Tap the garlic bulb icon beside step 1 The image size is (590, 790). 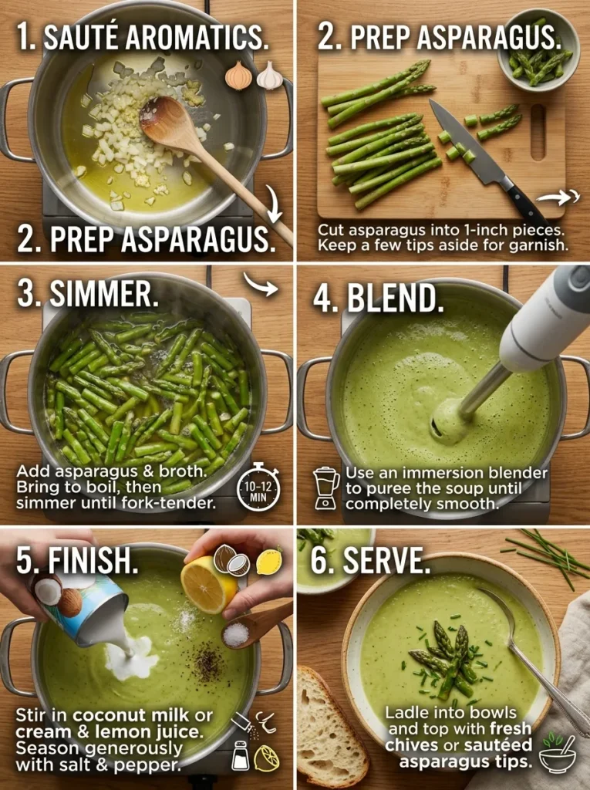270,76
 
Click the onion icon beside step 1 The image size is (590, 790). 238,76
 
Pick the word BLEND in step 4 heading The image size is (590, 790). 395,299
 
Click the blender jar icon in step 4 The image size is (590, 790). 326,488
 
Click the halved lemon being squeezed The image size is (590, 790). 208,584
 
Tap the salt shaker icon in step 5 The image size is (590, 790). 241,757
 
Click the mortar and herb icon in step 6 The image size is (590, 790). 557,753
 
